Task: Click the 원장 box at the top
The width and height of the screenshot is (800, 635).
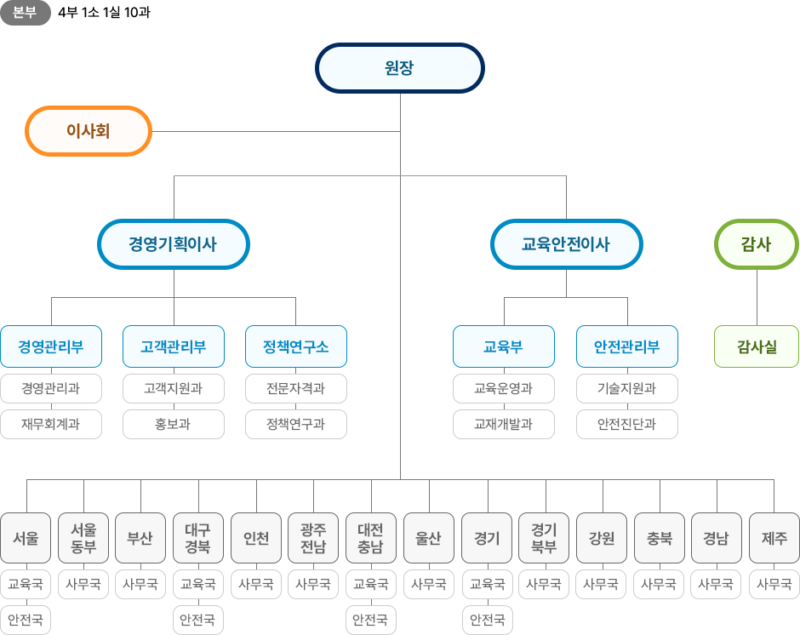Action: [399, 68]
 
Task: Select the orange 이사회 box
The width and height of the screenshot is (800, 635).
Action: [89, 131]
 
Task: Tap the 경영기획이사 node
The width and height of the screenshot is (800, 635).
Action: [173, 245]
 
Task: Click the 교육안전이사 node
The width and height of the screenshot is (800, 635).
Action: [566, 245]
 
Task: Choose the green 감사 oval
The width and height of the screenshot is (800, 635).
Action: [756, 245]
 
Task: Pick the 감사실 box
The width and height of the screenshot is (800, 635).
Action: [756, 347]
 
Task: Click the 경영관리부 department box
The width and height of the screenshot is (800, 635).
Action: [51, 347]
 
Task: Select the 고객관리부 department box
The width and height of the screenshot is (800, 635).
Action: [174, 347]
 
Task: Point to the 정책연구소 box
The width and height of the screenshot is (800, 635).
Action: [295, 347]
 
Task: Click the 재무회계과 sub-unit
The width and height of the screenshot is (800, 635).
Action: [51, 424]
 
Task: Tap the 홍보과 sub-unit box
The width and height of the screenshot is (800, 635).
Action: [174, 424]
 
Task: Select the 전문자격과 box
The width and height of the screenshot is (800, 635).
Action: [295, 389]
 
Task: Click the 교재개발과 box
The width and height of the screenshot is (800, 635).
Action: [503, 424]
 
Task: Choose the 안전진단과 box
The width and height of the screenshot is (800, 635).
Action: [626, 424]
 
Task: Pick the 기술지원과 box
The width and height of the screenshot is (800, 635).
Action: [626, 389]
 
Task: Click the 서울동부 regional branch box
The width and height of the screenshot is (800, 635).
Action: [83, 538]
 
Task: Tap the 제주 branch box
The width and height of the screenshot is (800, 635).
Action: [774, 538]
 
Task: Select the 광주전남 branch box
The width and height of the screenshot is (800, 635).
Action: [313, 538]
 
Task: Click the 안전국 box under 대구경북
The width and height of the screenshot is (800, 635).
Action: [198, 619]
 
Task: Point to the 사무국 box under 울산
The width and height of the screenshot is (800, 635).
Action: [429, 585]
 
